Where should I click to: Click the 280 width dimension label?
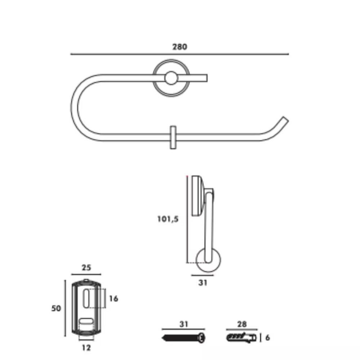click(x=180, y=47)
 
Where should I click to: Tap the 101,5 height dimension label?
click(x=168, y=219)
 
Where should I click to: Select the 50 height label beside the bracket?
click(x=56, y=309)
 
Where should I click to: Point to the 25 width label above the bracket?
click(x=86, y=267)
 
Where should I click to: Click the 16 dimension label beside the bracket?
click(x=114, y=298)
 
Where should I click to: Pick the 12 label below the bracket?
click(x=86, y=348)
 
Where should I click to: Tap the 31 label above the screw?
click(x=184, y=324)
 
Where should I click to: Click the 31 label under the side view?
click(x=203, y=283)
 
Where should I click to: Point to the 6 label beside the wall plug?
click(x=267, y=338)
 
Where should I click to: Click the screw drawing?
click(x=184, y=338)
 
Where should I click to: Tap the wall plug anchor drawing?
click(x=242, y=338)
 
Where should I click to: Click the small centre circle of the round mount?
click(x=171, y=78)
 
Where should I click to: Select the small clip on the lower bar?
click(x=173, y=137)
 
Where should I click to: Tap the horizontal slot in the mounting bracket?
click(x=86, y=321)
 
